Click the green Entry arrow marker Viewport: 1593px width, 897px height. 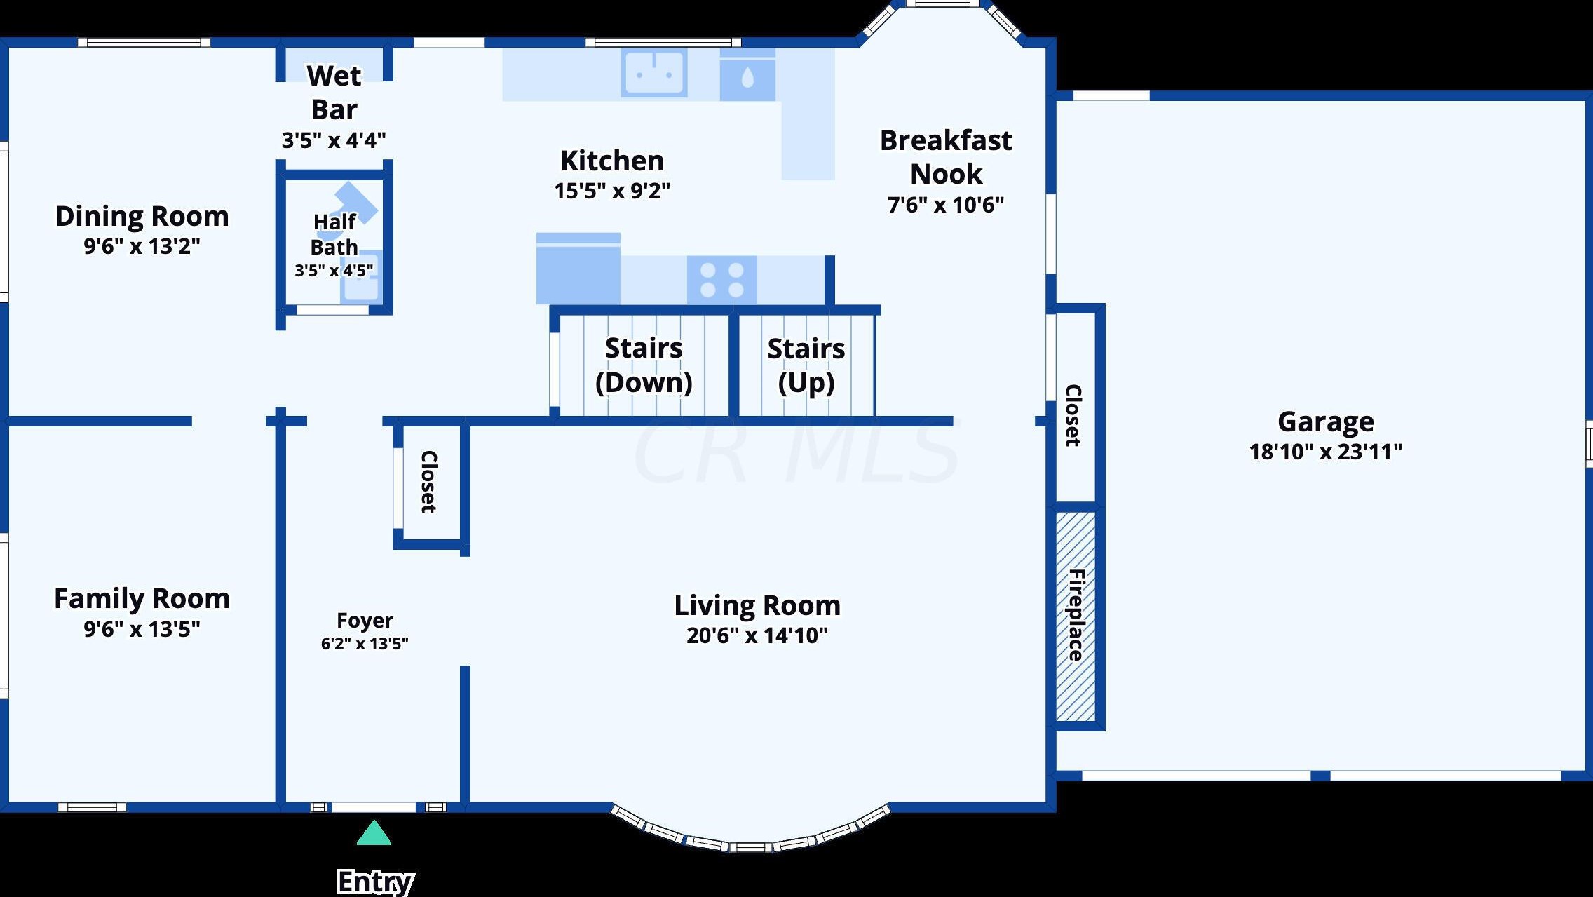[374, 833]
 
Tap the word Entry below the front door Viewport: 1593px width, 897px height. [375, 882]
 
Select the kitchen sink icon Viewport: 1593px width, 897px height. [654, 72]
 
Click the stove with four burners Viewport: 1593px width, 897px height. [721, 280]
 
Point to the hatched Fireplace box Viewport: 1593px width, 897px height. [1076, 616]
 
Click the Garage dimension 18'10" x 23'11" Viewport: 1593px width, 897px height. [1325, 452]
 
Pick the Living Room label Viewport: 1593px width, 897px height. [757, 605]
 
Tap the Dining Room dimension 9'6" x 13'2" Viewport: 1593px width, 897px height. [142, 246]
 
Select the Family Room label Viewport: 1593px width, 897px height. [142, 599]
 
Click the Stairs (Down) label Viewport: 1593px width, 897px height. [644, 365]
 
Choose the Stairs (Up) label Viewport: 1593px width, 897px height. [806, 365]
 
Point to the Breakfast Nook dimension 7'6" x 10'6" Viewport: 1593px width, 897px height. [946, 205]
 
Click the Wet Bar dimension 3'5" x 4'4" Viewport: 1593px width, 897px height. [334, 140]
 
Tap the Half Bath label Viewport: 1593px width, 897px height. [334, 234]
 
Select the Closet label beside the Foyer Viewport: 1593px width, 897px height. [428, 482]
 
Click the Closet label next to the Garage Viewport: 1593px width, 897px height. [1073, 415]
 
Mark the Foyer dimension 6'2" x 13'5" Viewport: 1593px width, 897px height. [365, 643]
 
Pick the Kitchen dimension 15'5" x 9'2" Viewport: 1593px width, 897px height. [612, 191]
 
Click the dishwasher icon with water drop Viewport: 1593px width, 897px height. [747, 74]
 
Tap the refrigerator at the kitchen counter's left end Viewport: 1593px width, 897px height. [578, 269]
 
